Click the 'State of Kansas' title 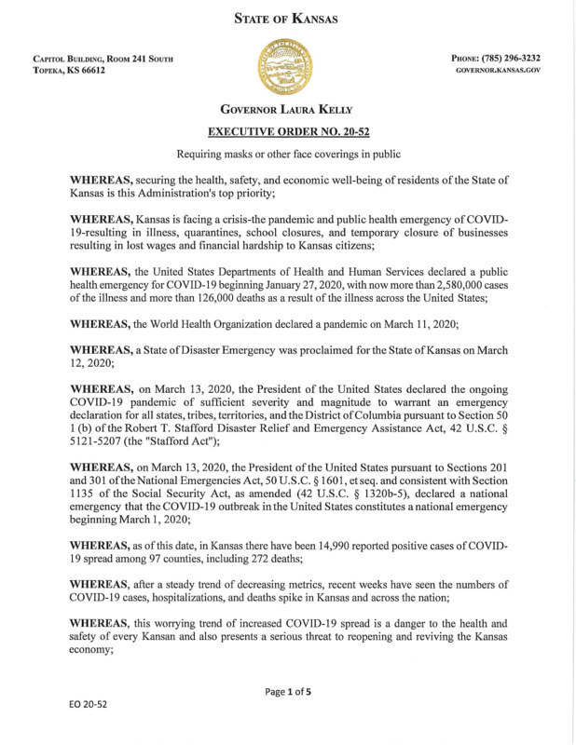click(x=287, y=18)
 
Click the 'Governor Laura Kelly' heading click(x=287, y=110)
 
